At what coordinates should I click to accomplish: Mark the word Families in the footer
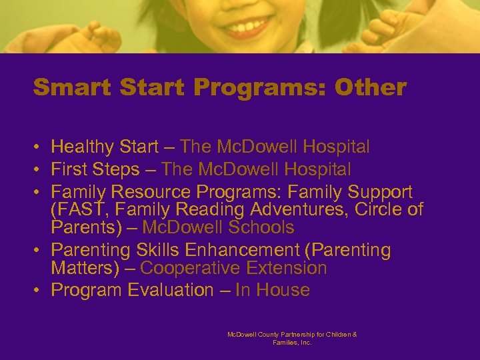(285, 342)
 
